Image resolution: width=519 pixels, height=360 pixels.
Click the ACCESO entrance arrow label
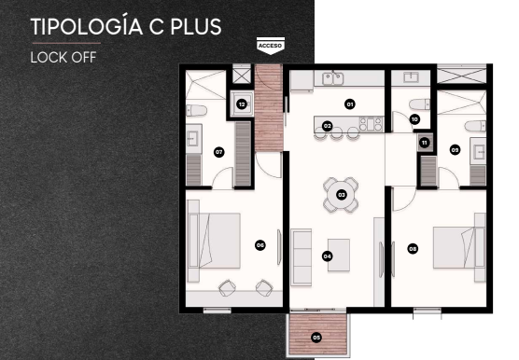[271, 46]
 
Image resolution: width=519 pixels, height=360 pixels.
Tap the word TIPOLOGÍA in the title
[87, 27]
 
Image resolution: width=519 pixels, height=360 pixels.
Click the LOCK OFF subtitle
[63, 58]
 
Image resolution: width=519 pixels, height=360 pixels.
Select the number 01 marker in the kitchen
[349, 104]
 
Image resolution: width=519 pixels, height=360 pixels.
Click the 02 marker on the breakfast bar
[327, 126]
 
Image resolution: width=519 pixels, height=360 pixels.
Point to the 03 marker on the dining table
[342, 195]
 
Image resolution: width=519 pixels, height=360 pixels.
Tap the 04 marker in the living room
[327, 256]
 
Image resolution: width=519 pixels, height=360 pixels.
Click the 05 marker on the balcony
[316, 338]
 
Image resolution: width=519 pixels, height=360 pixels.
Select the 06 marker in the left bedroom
[260, 245]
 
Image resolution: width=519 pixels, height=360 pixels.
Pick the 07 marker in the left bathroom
[218, 152]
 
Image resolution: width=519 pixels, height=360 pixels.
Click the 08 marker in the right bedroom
[413, 249]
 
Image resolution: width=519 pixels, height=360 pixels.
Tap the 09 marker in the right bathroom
[456, 150]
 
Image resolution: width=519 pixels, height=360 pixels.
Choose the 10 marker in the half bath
[414, 119]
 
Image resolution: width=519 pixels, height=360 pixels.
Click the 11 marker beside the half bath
[425, 143]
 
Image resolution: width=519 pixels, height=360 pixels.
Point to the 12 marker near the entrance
[242, 104]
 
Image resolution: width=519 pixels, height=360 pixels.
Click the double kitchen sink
[333, 78]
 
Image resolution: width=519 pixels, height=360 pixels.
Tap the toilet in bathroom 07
[196, 110]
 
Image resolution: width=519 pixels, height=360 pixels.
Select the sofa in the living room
[302, 257]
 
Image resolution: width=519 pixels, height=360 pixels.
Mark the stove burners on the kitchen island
[371, 125]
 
